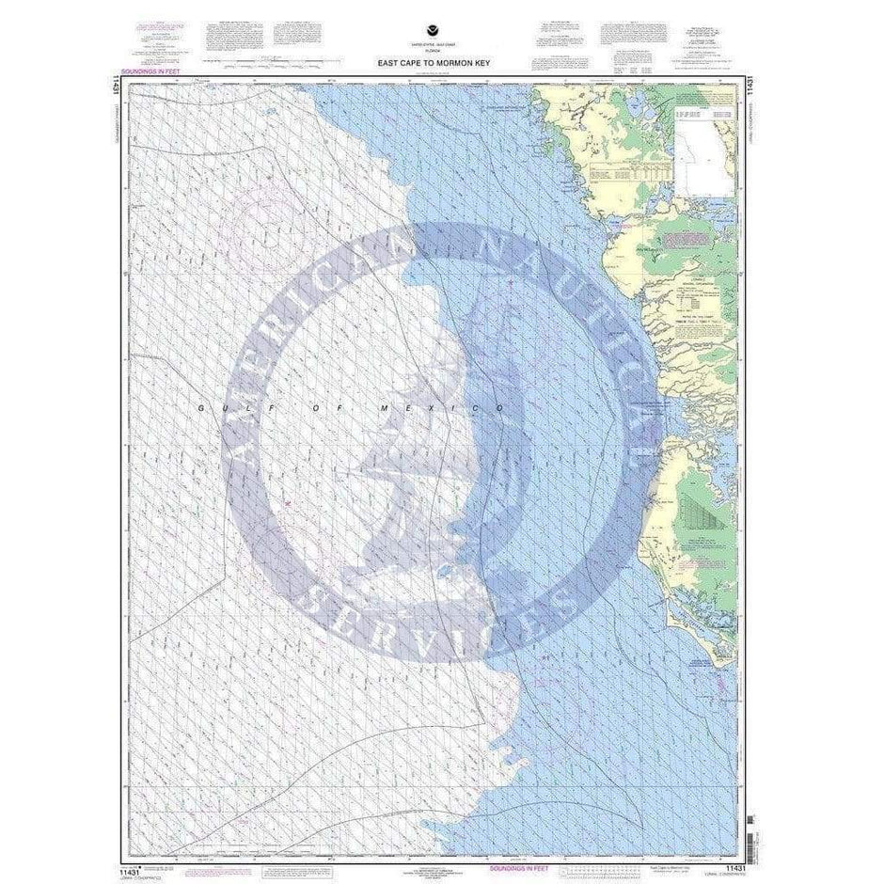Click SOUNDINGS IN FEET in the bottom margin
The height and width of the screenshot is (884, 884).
point(561,858)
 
